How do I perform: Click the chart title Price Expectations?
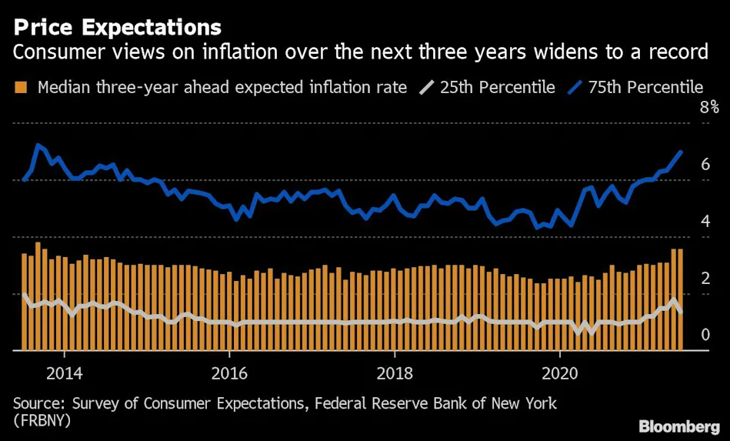[116, 28]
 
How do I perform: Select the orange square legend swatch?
[22, 87]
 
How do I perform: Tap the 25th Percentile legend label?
[497, 87]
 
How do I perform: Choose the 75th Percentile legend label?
[645, 87]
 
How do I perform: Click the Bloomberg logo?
[678, 426]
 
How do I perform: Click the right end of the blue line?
[681, 152]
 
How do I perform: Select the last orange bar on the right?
[680, 300]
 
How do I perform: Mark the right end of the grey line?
[681, 311]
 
